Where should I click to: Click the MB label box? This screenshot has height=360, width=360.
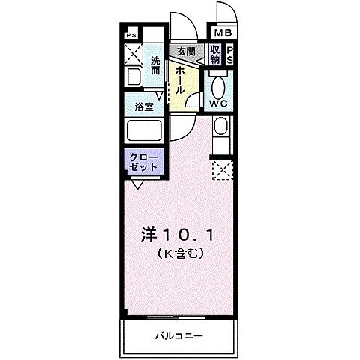(223, 34)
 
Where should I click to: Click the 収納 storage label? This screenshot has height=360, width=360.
(216, 55)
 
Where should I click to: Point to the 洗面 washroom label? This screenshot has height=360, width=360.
(155, 65)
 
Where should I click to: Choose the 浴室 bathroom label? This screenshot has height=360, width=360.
(144, 107)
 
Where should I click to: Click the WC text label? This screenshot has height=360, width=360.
(219, 103)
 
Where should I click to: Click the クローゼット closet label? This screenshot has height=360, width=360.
(142, 161)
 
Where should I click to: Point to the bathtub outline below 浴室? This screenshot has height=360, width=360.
(144, 131)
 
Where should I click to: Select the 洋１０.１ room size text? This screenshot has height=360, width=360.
(179, 235)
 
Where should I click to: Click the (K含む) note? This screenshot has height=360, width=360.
(181, 255)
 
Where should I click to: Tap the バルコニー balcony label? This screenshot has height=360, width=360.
(179, 334)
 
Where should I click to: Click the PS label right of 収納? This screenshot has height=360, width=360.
(230, 55)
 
